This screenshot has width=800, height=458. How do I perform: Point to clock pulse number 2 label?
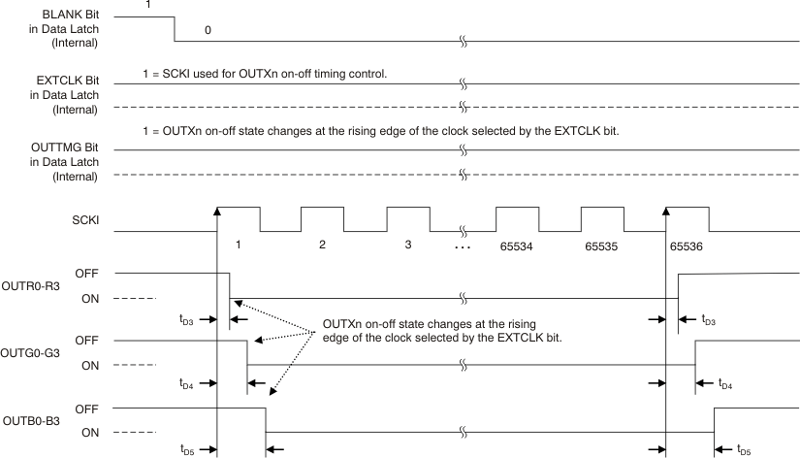322,245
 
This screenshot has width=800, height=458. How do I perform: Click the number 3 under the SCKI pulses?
408,245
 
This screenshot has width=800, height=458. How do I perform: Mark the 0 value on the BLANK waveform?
208,30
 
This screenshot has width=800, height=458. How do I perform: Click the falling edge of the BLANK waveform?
175,29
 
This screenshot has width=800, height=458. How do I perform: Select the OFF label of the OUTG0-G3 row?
86,341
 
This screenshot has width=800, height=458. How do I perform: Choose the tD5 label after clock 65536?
742,449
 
